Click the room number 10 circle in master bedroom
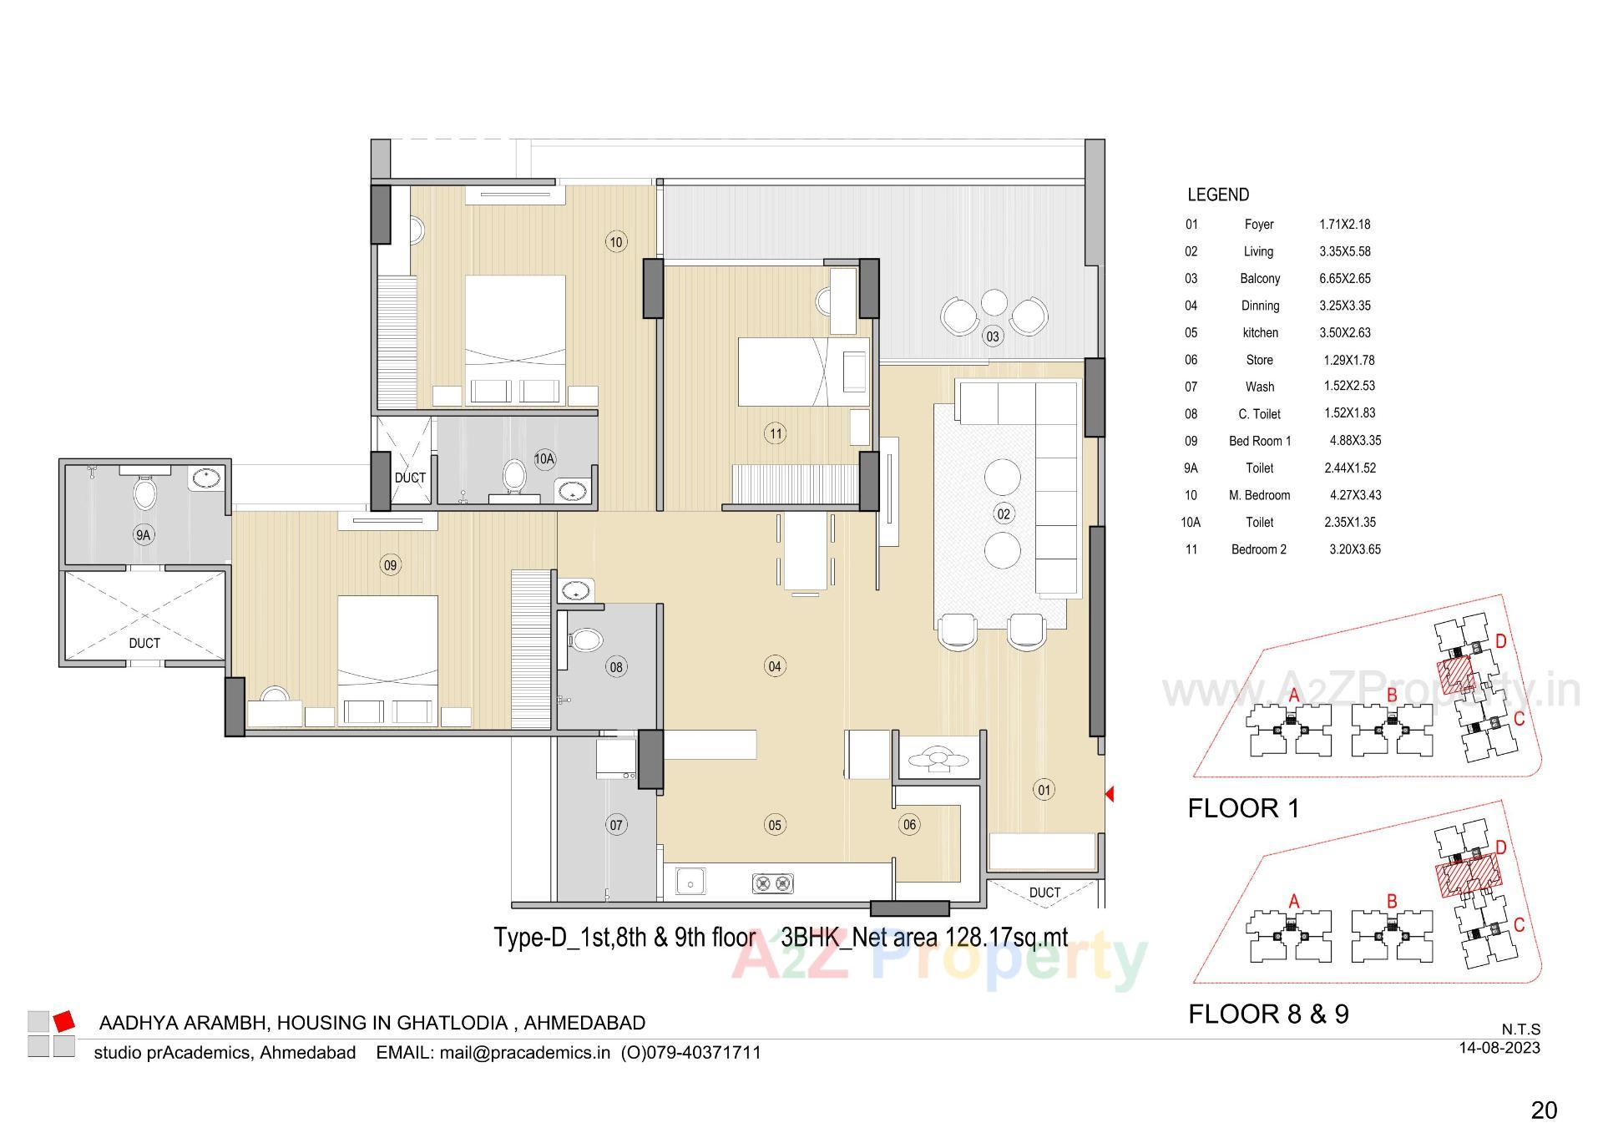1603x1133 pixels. pyautogui.click(x=615, y=242)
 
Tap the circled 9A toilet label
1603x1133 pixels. pyautogui.click(x=143, y=535)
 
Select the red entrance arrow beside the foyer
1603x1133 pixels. pyautogui.click(x=1110, y=794)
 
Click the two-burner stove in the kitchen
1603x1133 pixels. pyautogui.click(x=772, y=883)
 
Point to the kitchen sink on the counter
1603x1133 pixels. pyautogui.click(x=690, y=881)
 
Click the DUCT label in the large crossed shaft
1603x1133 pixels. pyautogui.click(x=144, y=643)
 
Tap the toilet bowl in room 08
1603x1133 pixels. pyautogui.click(x=587, y=641)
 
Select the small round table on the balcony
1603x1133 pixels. pyautogui.click(x=994, y=301)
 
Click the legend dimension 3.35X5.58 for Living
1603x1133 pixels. pyautogui.click(x=1344, y=251)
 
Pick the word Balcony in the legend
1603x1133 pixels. pyautogui.click(x=1259, y=279)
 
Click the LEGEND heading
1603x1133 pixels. pyautogui.click(x=1218, y=195)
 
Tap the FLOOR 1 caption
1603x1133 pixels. pyautogui.click(x=1243, y=808)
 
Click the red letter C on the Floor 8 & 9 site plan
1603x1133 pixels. pyautogui.click(x=1519, y=925)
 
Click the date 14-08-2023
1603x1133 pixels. pyautogui.click(x=1499, y=1048)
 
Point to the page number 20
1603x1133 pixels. pyautogui.click(x=1544, y=1110)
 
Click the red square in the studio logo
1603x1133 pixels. pyautogui.click(x=64, y=1021)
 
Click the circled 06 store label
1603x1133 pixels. pyautogui.click(x=908, y=825)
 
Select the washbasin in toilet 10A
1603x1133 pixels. pyautogui.click(x=572, y=489)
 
